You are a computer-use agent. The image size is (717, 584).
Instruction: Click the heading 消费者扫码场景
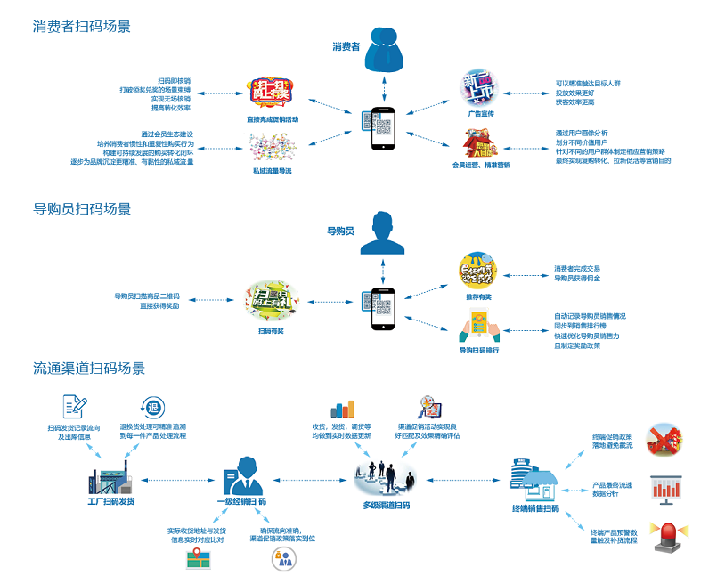click(82, 27)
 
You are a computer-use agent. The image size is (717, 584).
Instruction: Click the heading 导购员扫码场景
click(82, 209)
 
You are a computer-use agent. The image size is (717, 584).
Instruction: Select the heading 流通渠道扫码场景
click(89, 368)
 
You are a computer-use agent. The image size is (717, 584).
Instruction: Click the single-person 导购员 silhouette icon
click(384, 233)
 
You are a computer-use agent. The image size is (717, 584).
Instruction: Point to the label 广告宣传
click(480, 115)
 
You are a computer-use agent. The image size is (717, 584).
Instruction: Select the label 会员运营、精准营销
click(481, 165)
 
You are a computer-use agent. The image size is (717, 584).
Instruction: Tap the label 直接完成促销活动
click(273, 119)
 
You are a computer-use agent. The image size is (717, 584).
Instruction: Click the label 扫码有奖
click(271, 331)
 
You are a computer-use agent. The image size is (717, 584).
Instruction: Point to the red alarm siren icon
click(664, 538)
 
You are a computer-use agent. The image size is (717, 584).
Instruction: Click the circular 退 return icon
click(152, 408)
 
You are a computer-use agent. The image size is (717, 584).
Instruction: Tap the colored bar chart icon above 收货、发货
click(342, 409)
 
